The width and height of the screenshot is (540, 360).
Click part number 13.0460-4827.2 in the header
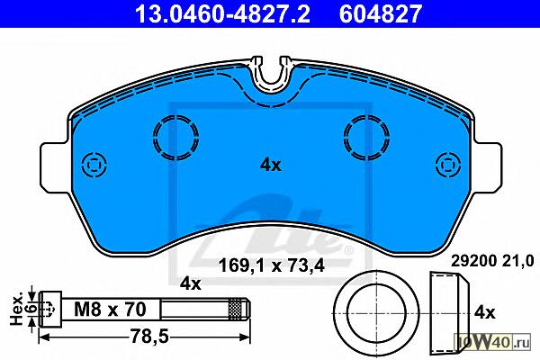pos(222,13)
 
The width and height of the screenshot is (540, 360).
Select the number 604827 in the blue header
pos(381,13)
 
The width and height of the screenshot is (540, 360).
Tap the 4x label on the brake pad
pos(270,166)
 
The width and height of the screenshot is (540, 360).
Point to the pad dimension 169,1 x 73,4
pos(272,265)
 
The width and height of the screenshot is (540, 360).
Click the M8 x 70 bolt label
pos(110,309)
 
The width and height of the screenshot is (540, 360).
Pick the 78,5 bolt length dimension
pos(149,337)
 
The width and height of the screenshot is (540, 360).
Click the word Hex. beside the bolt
pos(16,310)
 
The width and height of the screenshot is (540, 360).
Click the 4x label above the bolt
pos(191,283)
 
